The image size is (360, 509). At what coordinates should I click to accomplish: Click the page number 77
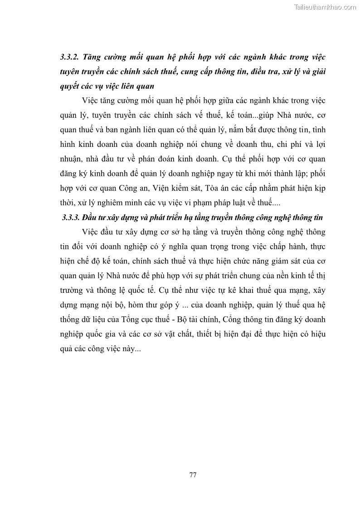click(x=192, y=475)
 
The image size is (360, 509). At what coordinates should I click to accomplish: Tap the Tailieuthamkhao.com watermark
click(x=326, y=7)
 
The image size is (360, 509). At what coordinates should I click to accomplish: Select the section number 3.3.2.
click(x=70, y=58)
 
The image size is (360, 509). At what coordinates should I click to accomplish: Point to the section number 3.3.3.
click(x=71, y=218)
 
